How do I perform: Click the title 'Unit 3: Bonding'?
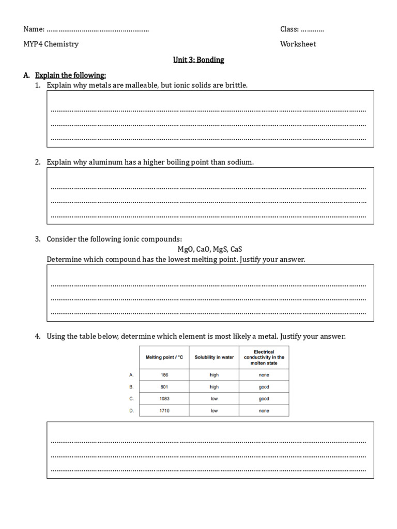(198, 60)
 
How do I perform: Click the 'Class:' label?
(289, 29)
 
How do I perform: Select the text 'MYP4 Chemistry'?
(51, 44)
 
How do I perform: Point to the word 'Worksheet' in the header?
(298, 44)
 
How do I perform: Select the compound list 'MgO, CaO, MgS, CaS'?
(210, 249)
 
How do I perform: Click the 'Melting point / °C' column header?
(164, 357)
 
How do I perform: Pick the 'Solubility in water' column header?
(214, 357)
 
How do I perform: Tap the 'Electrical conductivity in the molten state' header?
(264, 357)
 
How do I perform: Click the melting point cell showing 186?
(164, 375)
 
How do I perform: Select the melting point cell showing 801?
(164, 387)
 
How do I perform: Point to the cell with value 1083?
(164, 399)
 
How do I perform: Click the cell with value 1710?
(164, 411)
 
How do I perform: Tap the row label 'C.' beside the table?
(131, 399)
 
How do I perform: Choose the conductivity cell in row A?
(264, 375)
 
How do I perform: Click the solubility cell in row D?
(214, 411)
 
